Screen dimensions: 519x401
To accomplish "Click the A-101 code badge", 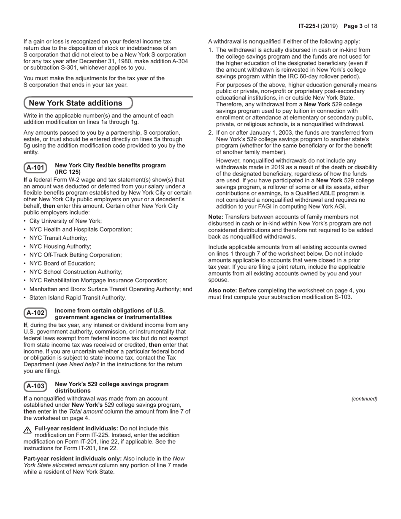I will click(35, 168).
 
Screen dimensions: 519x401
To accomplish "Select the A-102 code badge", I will click(35, 313).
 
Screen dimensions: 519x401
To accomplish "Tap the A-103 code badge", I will click(35, 387).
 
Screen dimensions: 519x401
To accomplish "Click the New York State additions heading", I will click(76, 103).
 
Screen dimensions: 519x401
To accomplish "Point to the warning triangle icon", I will click(28, 430).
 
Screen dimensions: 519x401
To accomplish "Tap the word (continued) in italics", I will click(364, 399).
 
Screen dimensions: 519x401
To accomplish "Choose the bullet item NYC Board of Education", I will click(62, 263).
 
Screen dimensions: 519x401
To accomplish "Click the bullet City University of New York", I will click(65, 221).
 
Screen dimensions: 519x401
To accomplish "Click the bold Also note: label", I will click(222, 290).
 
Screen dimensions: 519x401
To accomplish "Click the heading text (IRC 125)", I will click(68, 172).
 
